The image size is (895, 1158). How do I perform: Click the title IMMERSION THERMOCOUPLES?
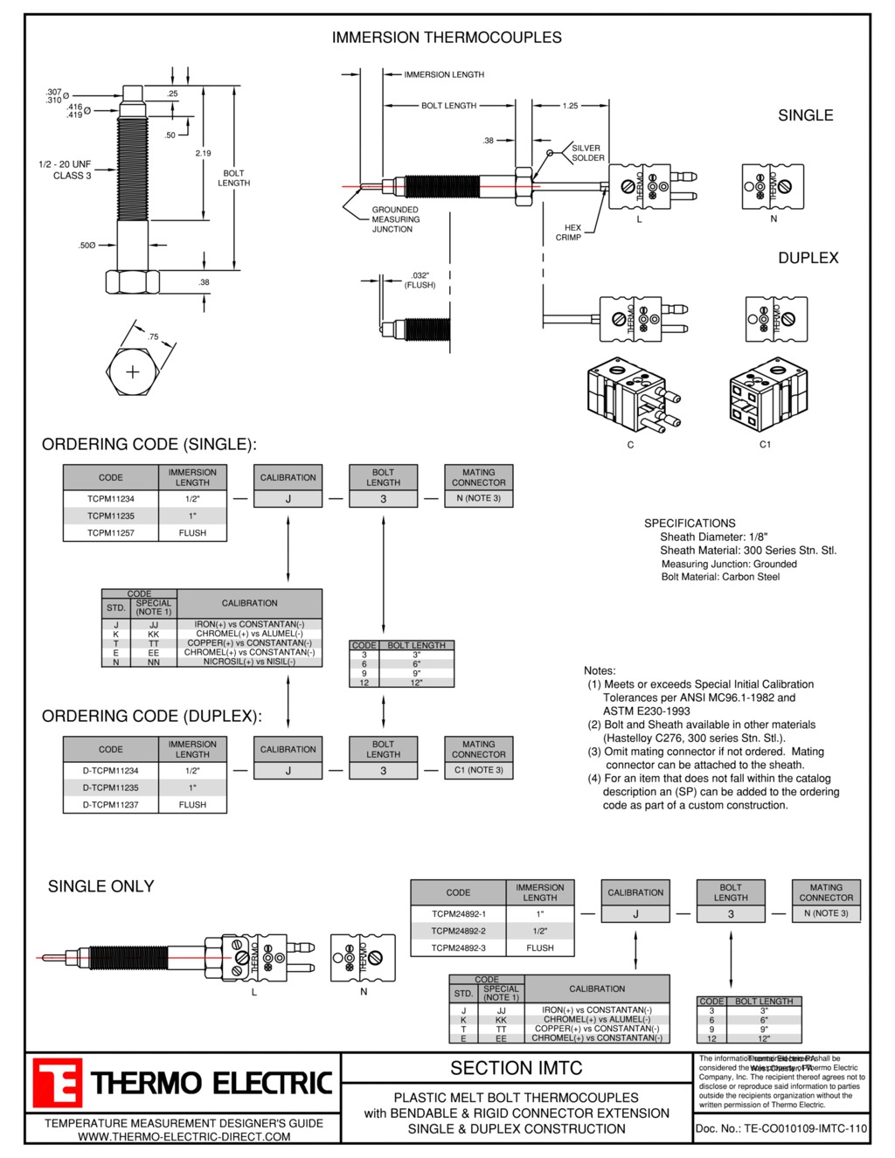click(447, 38)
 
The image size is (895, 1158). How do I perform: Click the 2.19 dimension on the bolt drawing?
click(203, 153)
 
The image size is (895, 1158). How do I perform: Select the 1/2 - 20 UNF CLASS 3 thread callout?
click(65, 170)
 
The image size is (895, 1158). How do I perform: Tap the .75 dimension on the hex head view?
click(154, 336)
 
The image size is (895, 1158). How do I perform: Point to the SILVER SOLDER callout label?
click(587, 153)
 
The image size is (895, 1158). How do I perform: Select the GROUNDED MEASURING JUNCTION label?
click(395, 219)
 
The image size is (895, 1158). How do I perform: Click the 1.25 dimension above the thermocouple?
click(570, 106)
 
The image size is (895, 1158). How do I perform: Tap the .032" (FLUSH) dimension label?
click(420, 280)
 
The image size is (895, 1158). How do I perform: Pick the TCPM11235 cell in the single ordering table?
click(111, 516)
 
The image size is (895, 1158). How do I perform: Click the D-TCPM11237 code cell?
click(111, 805)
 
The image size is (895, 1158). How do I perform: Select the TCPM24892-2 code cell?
click(458, 931)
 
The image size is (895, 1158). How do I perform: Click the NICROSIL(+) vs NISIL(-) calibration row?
click(249, 662)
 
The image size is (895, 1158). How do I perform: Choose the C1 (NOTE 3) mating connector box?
click(478, 770)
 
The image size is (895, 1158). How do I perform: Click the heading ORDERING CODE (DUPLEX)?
click(152, 716)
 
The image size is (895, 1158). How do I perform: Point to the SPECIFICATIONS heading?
click(690, 523)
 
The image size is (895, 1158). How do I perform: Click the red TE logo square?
click(58, 1083)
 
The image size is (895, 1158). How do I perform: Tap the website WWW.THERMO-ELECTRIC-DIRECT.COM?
click(184, 1136)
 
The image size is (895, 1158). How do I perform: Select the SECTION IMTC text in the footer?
click(516, 1068)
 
